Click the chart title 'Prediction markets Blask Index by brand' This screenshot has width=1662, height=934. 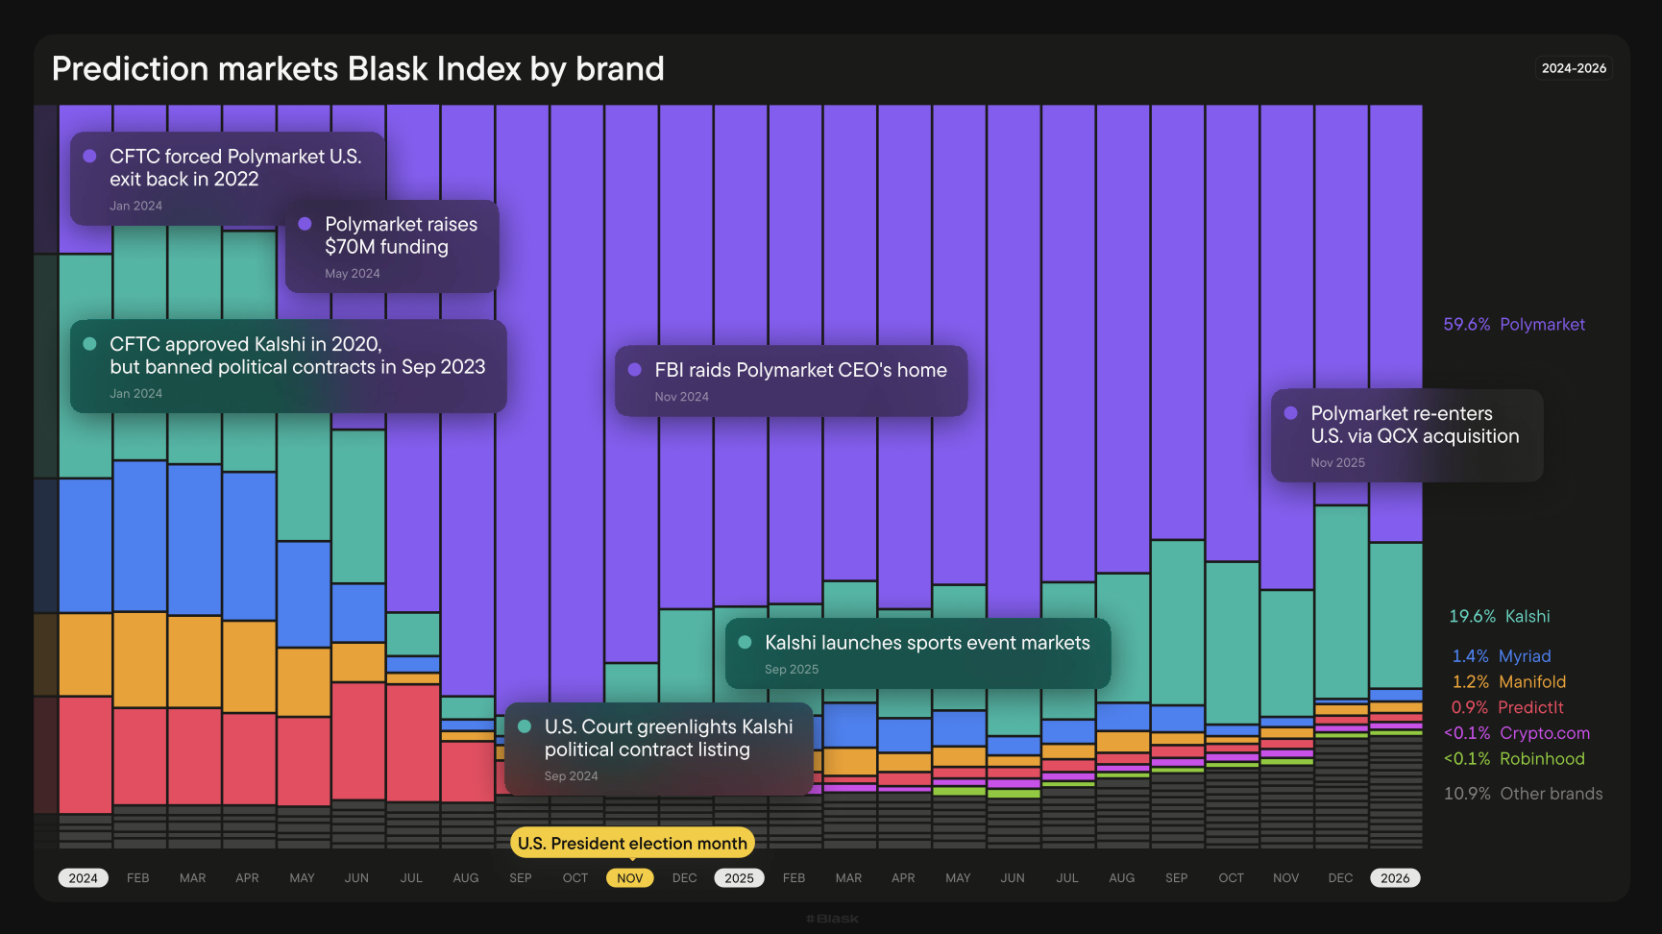click(x=357, y=69)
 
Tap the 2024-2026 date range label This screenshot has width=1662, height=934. click(x=1574, y=68)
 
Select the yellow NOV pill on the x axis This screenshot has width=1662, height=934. click(x=630, y=878)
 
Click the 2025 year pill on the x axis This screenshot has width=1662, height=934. click(x=739, y=878)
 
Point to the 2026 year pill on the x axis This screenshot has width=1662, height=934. click(x=1395, y=878)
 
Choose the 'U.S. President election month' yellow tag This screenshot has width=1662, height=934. click(x=632, y=844)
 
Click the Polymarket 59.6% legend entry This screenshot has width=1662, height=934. click(x=1514, y=325)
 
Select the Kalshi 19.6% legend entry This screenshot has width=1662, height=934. click(x=1500, y=617)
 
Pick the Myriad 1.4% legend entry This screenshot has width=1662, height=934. click(x=1502, y=656)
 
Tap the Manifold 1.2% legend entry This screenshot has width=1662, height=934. click(x=1509, y=682)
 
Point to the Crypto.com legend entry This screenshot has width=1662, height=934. click(x=1517, y=733)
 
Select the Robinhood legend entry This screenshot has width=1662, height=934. click(x=1514, y=759)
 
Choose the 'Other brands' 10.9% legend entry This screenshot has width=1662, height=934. click(x=1524, y=794)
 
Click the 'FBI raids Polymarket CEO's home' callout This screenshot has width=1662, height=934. click(x=791, y=381)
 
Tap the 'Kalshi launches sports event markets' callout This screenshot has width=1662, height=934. click(x=917, y=653)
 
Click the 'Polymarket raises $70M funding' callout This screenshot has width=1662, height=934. click(x=392, y=246)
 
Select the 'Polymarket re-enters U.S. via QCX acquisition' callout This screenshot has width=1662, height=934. click(x=1406, y=435)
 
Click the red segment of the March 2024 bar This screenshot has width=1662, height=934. click(x=194, y=756)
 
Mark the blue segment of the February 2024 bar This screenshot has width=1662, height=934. click(x=140, y=536)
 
